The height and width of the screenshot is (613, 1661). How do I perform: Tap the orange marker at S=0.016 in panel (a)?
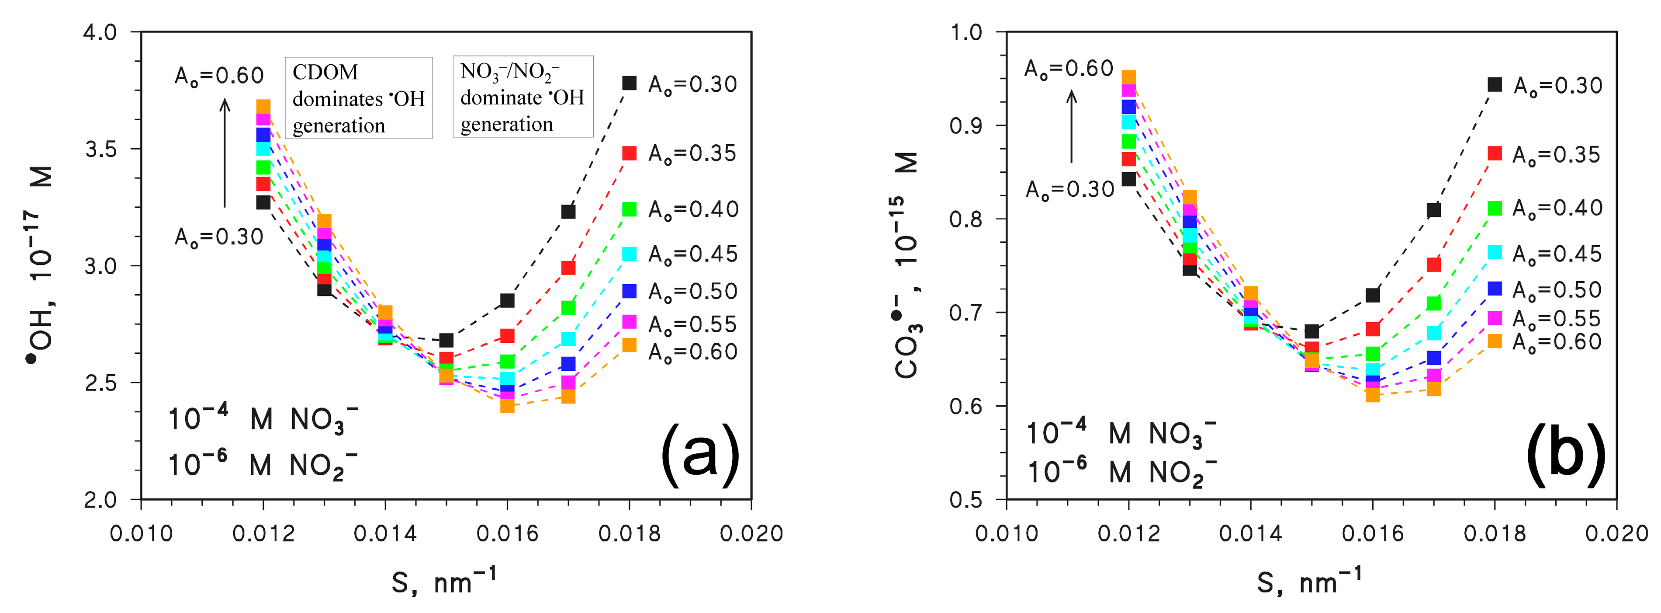(508, 406)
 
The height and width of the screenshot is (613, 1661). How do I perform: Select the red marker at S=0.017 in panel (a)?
(568, 268)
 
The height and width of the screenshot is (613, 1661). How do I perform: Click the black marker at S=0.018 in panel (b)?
(1494, 84)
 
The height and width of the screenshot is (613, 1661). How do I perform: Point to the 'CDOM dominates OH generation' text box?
(359, 98)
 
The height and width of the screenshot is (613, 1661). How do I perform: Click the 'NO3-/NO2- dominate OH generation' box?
(523, 97)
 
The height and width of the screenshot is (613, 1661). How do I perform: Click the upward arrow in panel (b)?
(1071, 126)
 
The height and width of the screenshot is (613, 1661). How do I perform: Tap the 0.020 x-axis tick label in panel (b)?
(1616, 533)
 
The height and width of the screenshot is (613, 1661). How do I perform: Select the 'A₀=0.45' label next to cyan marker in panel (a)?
(692, 254)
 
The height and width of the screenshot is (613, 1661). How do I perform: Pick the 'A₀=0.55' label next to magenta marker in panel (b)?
(1557, 319)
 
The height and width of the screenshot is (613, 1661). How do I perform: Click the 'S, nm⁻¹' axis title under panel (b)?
(1309, 581)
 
